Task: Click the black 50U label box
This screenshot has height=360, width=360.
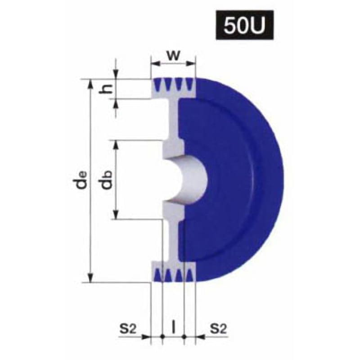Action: pos(245,25)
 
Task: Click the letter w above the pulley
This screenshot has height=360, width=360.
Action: pos(173,55)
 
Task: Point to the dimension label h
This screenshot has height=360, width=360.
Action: pos(106,89)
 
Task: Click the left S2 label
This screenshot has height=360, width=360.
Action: pos(128,328)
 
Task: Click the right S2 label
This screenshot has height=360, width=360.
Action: pos(218,328)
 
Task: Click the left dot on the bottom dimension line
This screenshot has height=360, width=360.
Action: pos(162,337)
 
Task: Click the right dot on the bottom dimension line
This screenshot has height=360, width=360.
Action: pos(184,337)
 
